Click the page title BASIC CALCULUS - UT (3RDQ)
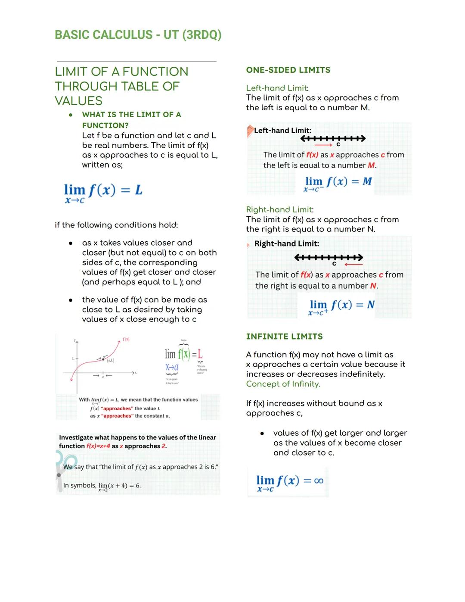pos(138,35)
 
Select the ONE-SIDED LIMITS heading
pos(288,70)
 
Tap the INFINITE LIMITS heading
pos(284,337)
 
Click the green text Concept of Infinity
pos(283,384)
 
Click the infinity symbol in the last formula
pos(319,481)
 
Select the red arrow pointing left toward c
pos(353,264)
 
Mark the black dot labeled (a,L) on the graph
pos(103,359)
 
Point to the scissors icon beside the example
pos(62,465)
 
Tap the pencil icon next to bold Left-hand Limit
pos(250,131)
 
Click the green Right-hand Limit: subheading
pos(279,210)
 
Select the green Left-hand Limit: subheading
pos(276,88)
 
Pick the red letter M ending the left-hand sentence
pos(371,165)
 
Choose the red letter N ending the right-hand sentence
pos(373,286)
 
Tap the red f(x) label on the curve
pos(126,340)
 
